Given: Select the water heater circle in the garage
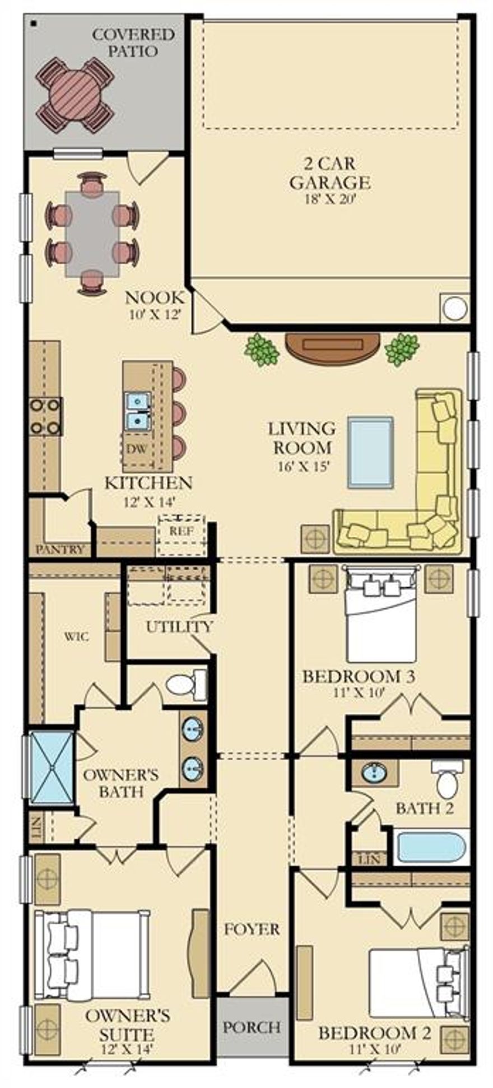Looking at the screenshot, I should (454, 308).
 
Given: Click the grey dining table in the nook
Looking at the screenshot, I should (92, 234).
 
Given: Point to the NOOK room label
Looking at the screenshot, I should (154, 297).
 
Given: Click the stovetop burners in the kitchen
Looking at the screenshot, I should (45, 416).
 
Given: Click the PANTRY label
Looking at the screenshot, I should (60, 550).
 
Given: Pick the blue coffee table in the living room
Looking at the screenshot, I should (370, 452).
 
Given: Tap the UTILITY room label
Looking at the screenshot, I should (179, 627).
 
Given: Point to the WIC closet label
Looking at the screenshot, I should (76, 637).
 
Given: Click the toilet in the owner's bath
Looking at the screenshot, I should (185, 684).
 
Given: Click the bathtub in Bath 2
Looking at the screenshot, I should (430, 848).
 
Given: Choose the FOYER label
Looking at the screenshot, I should (252, 929).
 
